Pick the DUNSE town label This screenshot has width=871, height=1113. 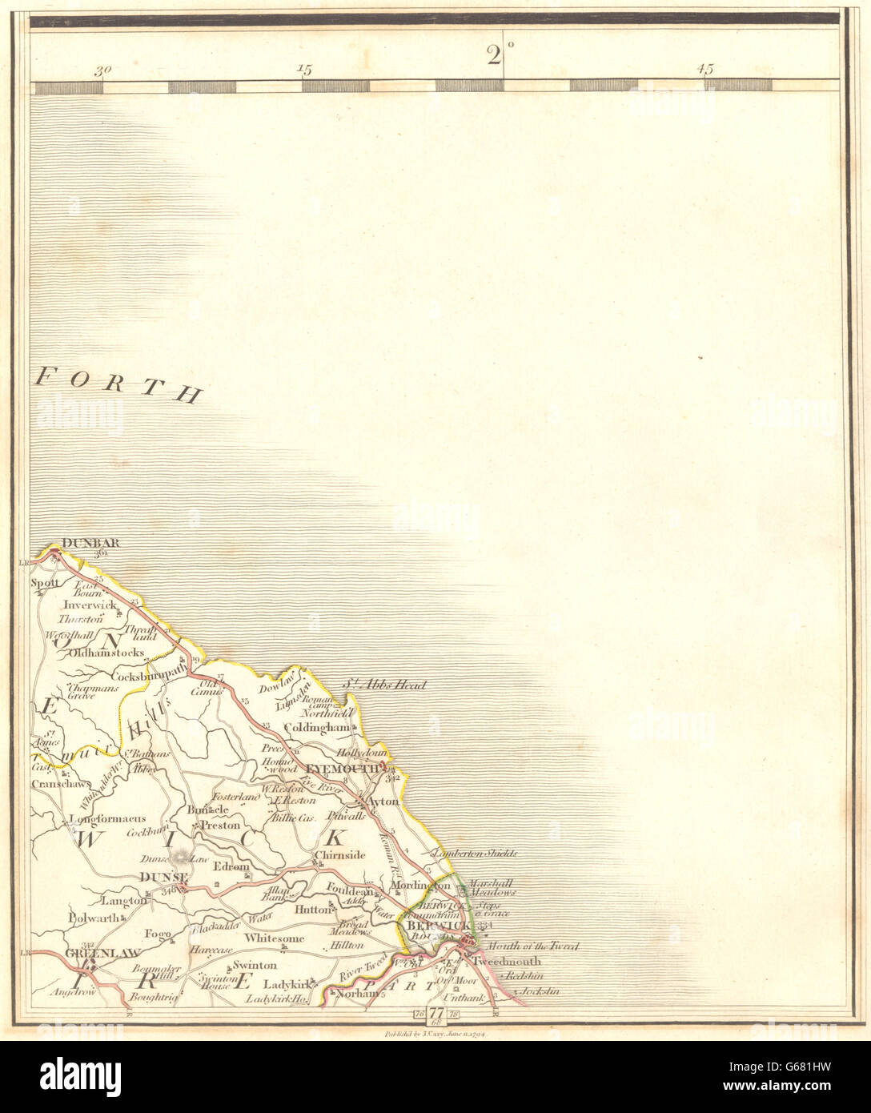163,877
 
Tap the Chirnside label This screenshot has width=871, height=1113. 339,855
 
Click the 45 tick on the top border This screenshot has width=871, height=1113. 705,70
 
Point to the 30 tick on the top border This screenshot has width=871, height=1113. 102,70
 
